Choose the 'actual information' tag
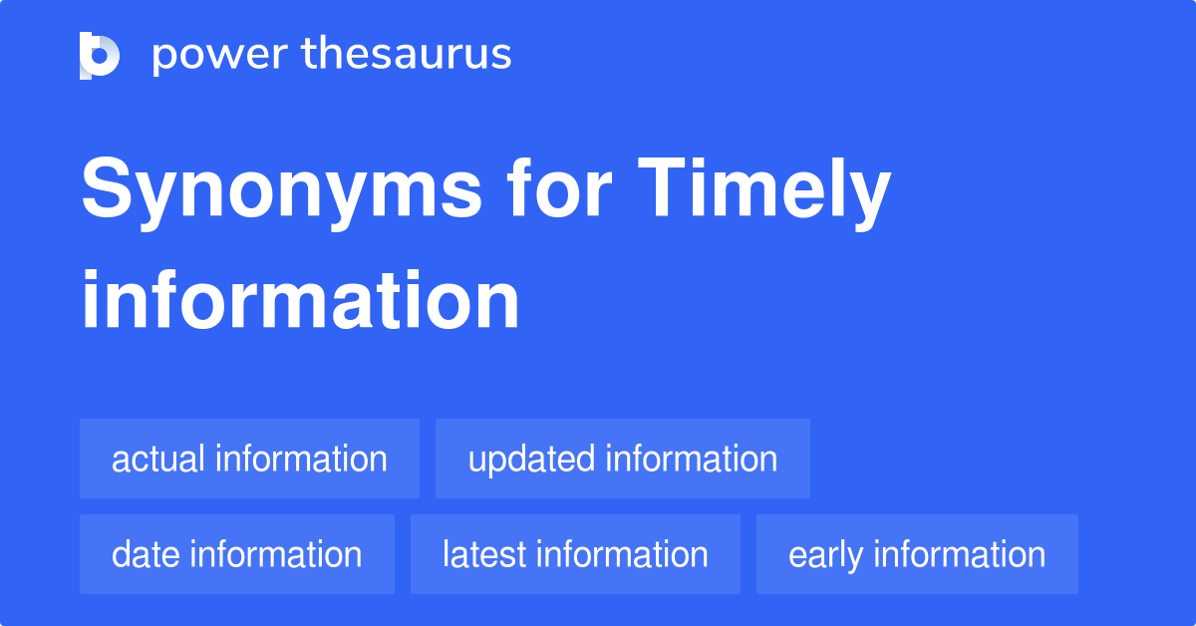[x=249, y=459]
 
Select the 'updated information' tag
[x=623, y=459]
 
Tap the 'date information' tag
[x=237, y=554]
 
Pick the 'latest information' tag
[x=575, y=554]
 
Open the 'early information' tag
[x=917, y=554]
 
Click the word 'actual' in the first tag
[x=159, y=459]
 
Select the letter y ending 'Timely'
[x=867, y=199]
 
